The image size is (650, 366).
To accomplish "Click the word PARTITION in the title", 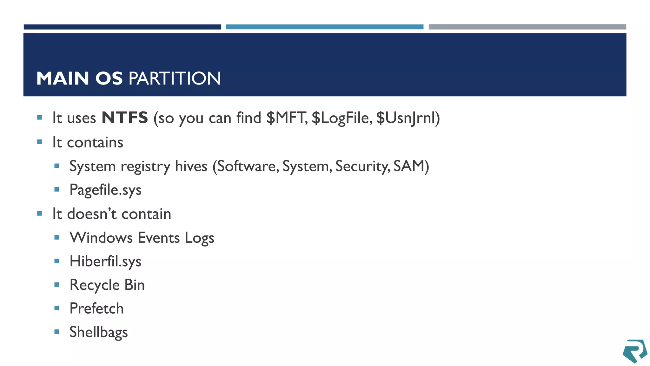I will [x=175, y=78].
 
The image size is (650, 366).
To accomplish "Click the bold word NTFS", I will [x=125, y=118].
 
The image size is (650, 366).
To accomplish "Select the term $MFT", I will [x=286, y=118].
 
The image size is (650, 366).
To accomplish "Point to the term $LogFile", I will [x=341, y=118].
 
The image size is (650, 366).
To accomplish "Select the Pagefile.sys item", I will [x=105, y=190].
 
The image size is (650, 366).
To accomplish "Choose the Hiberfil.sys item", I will [x=105, y=261].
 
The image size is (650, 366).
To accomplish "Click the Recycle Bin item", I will [x=107, y=285].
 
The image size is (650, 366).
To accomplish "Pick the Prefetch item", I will [x=96, y=308].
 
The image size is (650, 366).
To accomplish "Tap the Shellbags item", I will [x=98, y=332].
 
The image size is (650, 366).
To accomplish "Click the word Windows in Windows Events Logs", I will [x=101, y=238].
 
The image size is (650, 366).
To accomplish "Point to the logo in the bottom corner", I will [x=634, y=351].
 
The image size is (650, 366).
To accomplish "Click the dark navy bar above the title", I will [x=123, y=27].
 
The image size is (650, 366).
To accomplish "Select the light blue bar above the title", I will [x=324, y=27].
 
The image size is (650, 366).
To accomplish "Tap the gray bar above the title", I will [x=527, y=27].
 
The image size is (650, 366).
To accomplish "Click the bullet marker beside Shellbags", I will [x=57, y=332].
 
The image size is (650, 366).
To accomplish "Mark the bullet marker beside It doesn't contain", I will [x=40, y=213].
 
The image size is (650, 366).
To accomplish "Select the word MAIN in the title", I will [x=63, y=78].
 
